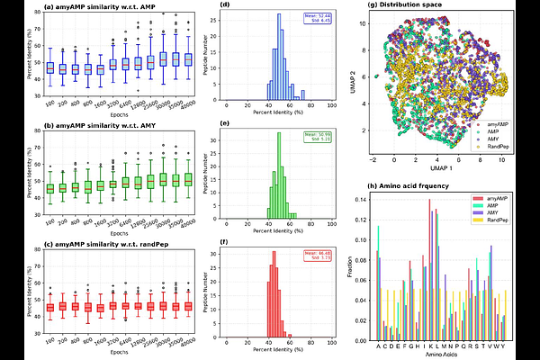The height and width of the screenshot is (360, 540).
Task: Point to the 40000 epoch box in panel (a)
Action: [x=188, y=59]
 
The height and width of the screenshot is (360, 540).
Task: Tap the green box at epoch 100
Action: [x=50, y=188]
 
